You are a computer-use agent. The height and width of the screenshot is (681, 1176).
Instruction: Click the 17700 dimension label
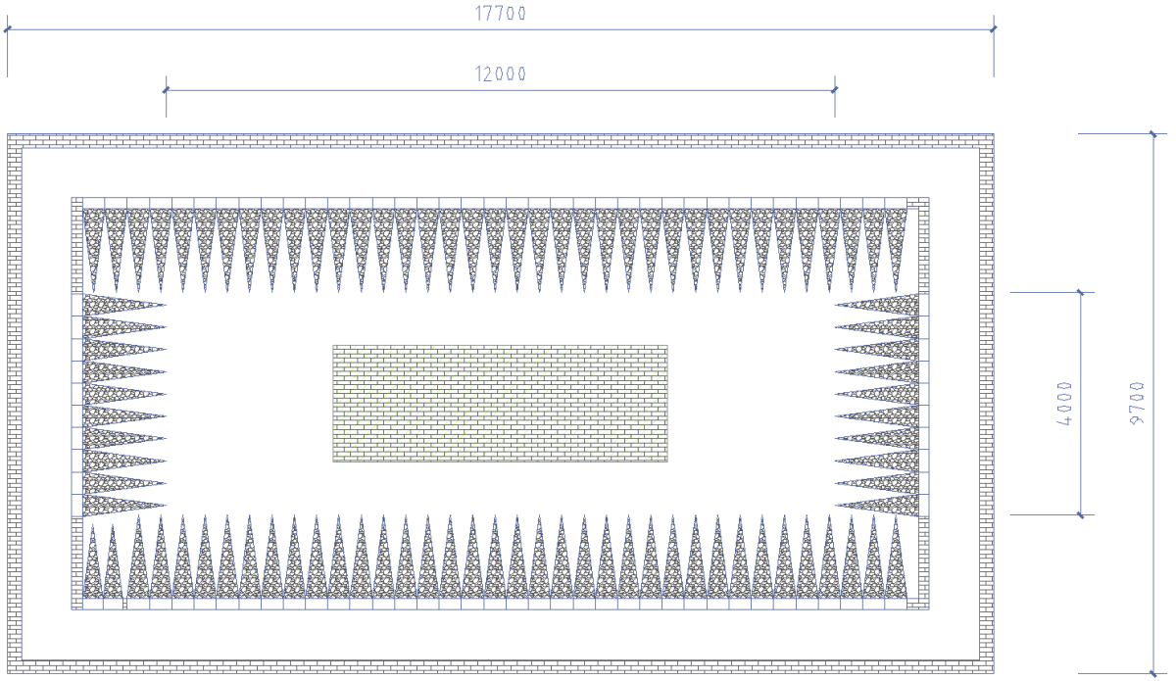[x=501, y=13]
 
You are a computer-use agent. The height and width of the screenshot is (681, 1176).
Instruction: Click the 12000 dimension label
[x=501, y=73]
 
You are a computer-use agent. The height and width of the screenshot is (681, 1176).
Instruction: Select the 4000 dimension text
[x=1064, y=404]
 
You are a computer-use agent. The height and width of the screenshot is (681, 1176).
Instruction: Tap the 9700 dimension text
[x=1137, y=404]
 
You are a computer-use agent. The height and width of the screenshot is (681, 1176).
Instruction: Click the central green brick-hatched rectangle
[x=501, y=404]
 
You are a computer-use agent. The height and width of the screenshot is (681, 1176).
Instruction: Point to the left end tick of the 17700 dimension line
[x=8, y=29]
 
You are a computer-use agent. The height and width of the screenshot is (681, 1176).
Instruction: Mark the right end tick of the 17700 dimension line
[x=994, y=29]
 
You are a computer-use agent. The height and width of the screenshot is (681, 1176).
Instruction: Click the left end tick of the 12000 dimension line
[x=166, y=90]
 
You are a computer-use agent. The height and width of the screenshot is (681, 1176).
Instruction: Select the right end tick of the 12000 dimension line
[x=835, y=90]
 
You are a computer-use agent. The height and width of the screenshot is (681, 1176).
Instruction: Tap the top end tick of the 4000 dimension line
[x=1080, y=292]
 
